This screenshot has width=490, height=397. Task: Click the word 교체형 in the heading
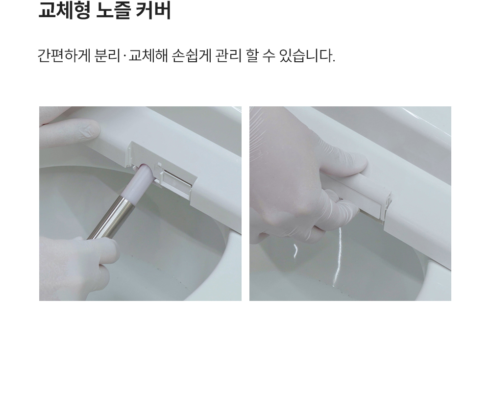[64, 11]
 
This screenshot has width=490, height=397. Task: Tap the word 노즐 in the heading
[113, 11]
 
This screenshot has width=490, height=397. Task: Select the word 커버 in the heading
[153, 11]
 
